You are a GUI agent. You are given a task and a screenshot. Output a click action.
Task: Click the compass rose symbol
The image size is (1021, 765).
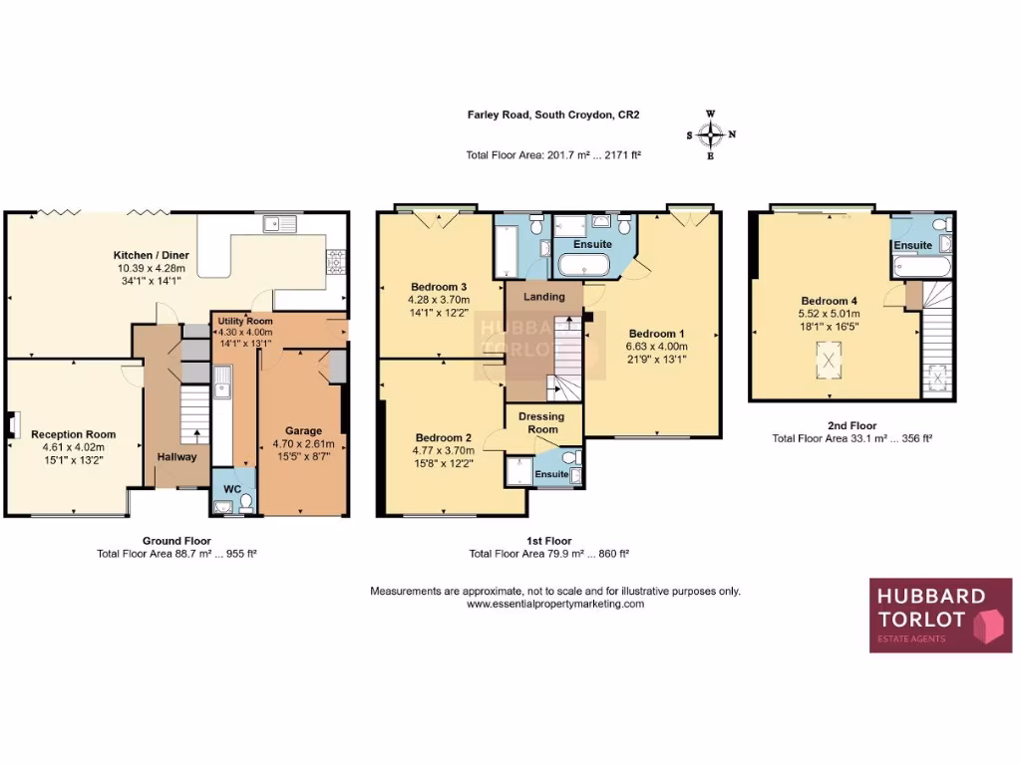[x=710, y=134]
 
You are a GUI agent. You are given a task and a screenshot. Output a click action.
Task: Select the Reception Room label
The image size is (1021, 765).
[x=73, y=434]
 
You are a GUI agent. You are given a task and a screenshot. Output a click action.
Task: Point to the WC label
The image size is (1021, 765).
[x=232, y=489]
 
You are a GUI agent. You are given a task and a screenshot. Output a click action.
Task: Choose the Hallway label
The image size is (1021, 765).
[x=176, y=457]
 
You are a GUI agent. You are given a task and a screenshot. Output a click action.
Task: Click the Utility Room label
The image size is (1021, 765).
[x=245, y=322]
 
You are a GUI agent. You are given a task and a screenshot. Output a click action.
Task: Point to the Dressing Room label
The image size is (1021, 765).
[x=543, y=422]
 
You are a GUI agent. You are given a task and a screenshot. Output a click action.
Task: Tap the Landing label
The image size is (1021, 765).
[x=544, y=297]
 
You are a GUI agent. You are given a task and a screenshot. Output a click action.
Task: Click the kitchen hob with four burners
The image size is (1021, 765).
[x=335, y=261]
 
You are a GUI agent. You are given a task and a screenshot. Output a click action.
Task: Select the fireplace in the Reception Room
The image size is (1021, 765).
[x=11, y=425]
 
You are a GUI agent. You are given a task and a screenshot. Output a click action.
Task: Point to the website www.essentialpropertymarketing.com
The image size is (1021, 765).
[x=555, y=604]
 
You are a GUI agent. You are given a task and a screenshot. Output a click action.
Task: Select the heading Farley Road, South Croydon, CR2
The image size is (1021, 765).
[x=553, y=115]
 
